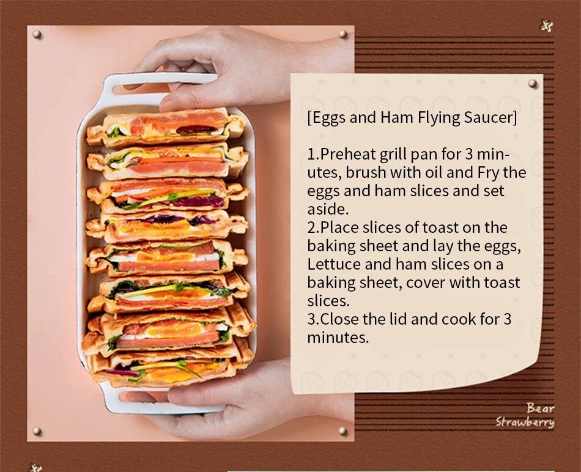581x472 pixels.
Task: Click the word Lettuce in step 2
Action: click(333, 264)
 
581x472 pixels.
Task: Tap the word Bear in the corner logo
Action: click(541, 408)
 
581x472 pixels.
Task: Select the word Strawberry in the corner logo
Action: click(525, 422)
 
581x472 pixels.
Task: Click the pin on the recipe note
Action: click(533, 83)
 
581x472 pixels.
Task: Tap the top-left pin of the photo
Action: click(37, 34)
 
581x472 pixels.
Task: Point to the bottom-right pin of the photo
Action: click(342, 431)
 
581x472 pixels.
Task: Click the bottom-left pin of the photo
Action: click(37, 431)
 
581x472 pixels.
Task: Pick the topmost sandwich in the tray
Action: click(166, 127)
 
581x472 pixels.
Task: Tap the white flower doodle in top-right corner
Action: click(547, 26)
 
